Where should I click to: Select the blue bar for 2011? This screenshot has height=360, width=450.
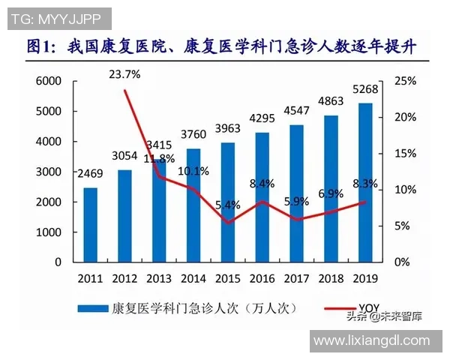pos(90,225)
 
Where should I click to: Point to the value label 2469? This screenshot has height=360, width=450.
pos(90,176)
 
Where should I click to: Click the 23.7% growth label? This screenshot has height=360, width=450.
pos(124,74)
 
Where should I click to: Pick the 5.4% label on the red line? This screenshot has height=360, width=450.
pos(227,205)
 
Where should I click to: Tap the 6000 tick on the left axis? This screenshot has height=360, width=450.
pos(48,81)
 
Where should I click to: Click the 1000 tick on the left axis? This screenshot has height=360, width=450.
pos(48,232)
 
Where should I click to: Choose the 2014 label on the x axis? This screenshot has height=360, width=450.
pos(193,278)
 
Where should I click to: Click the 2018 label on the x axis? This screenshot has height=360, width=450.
pos(331,278)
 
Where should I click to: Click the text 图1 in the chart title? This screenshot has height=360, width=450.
pos(43,46)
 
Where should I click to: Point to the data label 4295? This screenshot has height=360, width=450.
pos(262,118)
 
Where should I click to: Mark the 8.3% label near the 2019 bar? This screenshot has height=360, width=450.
pos(364,184)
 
